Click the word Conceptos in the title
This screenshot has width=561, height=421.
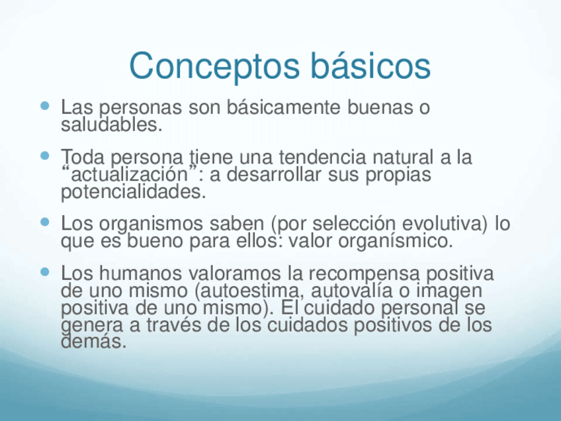pyautogui.click(x=214, y=67)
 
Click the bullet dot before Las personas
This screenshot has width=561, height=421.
pyautogui.click(x=45, y=106)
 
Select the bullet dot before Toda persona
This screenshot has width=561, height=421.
pyautogui.click(x=45, y=156)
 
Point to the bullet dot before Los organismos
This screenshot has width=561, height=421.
pyautogui.click(x=45, y=222)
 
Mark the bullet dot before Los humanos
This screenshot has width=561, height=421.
pyautogui.click(x=45, y=272)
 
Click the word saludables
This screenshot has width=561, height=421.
pyautogui.click(x=112, y=124)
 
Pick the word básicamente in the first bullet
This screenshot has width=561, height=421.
pyautogui.click(x=283, y=107)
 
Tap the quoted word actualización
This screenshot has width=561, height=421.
pyautogui.click(x=130, y=174)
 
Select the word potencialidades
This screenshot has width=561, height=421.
pyautogui.click(x=134, y=192)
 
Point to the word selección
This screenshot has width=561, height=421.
pyautogui.click(x=354, y=223)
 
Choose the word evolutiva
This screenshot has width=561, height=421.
pyautogui.click(x=445, y=223)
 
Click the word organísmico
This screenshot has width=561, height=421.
pyautogui.click(x=396, y=241)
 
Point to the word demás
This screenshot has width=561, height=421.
pyautogui.click(x=94, y=341)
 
